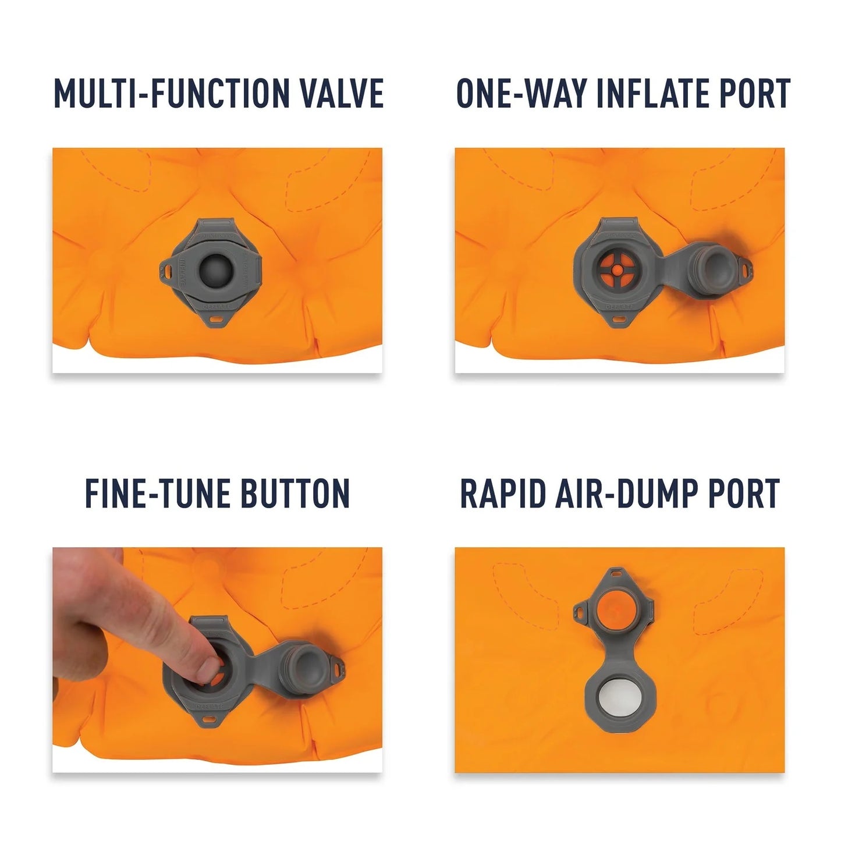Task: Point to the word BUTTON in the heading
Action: tap(295, 494)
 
